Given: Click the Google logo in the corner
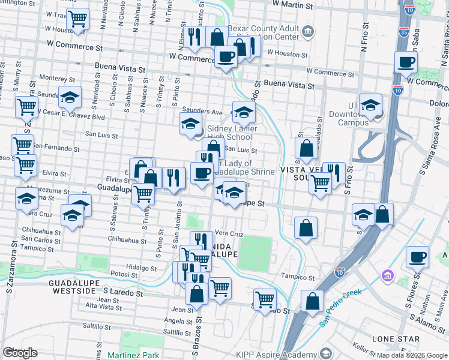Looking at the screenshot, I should coord(20,353).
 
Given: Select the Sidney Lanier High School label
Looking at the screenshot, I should coord(232,133).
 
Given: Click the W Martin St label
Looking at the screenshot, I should coord(294,4).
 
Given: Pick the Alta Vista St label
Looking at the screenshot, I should coord(104,308).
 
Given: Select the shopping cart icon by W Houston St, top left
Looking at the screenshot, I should coord(78,20).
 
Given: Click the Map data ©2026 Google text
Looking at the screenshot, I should coord(411,355).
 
